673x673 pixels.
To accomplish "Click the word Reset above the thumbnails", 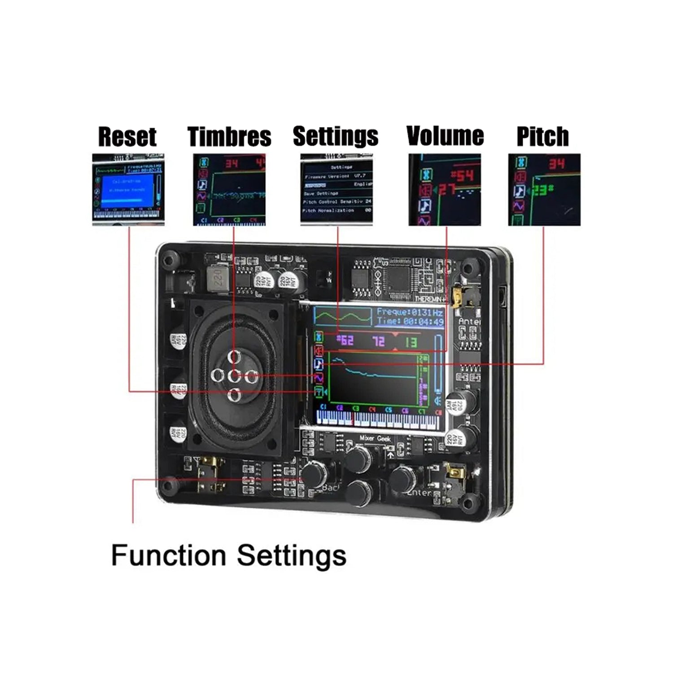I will point(127,137).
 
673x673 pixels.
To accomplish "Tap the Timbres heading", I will point(229,137).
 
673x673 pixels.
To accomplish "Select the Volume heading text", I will point(445,136).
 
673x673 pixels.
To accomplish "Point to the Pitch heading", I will point(542,136).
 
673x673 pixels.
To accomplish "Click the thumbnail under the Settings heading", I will point(336,190).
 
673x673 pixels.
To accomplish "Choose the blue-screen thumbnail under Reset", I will point(128,190).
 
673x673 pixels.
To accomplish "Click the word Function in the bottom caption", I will point(168,555).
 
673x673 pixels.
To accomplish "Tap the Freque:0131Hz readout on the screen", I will point(409,312).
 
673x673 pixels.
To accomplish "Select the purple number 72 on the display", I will point(378,341).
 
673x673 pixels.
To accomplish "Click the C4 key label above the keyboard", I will point(372,410).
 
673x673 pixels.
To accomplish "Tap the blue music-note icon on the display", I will point(319,364).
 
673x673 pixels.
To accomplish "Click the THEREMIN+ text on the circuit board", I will point(430,299).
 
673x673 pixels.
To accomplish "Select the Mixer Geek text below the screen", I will point(375,438).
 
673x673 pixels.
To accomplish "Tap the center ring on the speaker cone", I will point(234,376).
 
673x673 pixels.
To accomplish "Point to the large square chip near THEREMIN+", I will point(397,278).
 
